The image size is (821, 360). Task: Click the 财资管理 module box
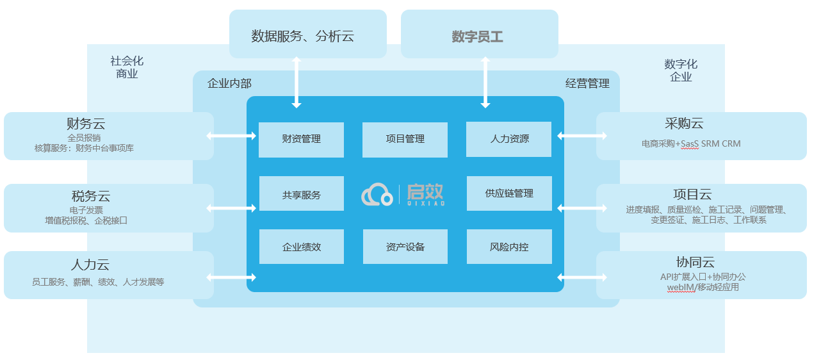[x=301, y=139]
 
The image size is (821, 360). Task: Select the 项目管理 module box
[x=405, y=139]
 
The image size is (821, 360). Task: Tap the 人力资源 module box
[x=509, y=139]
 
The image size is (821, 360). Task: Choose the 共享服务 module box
[x=301, y=193]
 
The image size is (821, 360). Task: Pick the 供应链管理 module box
[x=509, y=193]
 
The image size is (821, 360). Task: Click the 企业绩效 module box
[x=301, y=247]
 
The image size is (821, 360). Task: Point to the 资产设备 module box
[x=405, y=247]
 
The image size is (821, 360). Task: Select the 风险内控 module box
[x=509, y=247]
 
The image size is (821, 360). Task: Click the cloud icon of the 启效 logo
[x=377, y=195]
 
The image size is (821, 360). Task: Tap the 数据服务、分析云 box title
[x=302, y=36]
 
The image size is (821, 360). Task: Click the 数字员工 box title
[x=477, y=37]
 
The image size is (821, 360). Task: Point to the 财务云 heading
[x=85, y=124]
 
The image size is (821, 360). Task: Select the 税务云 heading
[x=90, y=196]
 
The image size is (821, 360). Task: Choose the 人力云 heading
[x=90, y=265]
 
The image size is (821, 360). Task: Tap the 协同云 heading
[x=694, y=262]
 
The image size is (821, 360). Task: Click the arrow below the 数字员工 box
[x=485, y=82]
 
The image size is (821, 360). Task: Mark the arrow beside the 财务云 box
[x=231, y=136]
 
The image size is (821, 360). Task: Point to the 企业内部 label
[x=229, y=83]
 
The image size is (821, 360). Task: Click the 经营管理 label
[x=587, y=83]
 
